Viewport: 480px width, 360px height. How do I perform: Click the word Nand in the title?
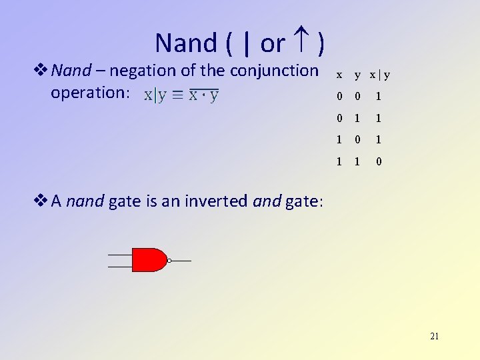pos(186,43)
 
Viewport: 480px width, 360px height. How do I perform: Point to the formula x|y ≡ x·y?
pos(181,95)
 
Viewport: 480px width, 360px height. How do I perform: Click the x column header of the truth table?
pos(339,75)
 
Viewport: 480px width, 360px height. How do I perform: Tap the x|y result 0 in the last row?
pos(379,162)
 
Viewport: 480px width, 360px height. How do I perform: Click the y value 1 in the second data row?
pos(358,119)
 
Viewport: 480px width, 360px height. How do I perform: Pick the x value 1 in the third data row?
pos(339,140)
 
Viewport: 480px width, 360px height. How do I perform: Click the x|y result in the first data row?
pos(379,97)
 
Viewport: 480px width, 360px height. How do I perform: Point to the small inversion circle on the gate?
pos(170,261)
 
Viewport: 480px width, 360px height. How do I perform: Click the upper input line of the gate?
pos(120,255)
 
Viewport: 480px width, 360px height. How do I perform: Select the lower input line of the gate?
pos(120,267)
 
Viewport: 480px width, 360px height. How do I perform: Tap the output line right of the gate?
pos(182,261)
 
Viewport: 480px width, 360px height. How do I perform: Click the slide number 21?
pos(434,336)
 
